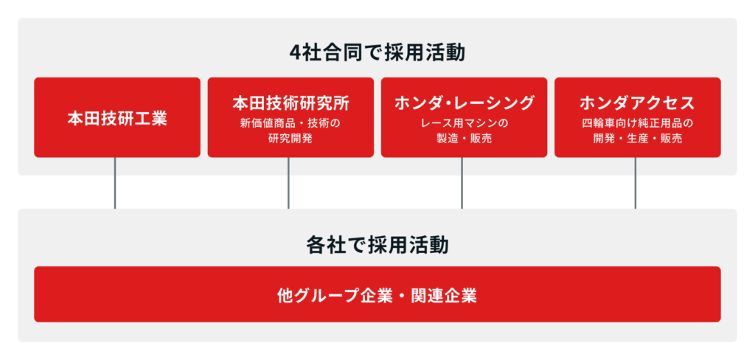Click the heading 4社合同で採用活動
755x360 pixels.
377,53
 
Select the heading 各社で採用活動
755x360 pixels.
377,246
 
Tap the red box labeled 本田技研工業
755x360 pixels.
117,117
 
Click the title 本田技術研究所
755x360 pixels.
290,103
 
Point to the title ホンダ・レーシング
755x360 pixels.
465,103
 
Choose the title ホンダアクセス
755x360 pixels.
638,103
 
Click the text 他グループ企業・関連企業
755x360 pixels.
377,295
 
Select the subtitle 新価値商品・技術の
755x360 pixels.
290,123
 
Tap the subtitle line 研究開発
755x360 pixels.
290,139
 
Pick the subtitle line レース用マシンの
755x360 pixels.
465,123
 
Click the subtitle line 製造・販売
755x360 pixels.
465,139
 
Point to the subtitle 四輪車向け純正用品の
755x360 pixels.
638,123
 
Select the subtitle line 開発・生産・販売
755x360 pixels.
638,139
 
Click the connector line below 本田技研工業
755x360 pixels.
115,183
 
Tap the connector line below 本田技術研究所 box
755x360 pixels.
288,183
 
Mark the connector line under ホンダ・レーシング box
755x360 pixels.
462,183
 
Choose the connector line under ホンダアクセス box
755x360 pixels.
635,183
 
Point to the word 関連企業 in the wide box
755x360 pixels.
445,295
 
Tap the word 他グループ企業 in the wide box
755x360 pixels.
334,295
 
